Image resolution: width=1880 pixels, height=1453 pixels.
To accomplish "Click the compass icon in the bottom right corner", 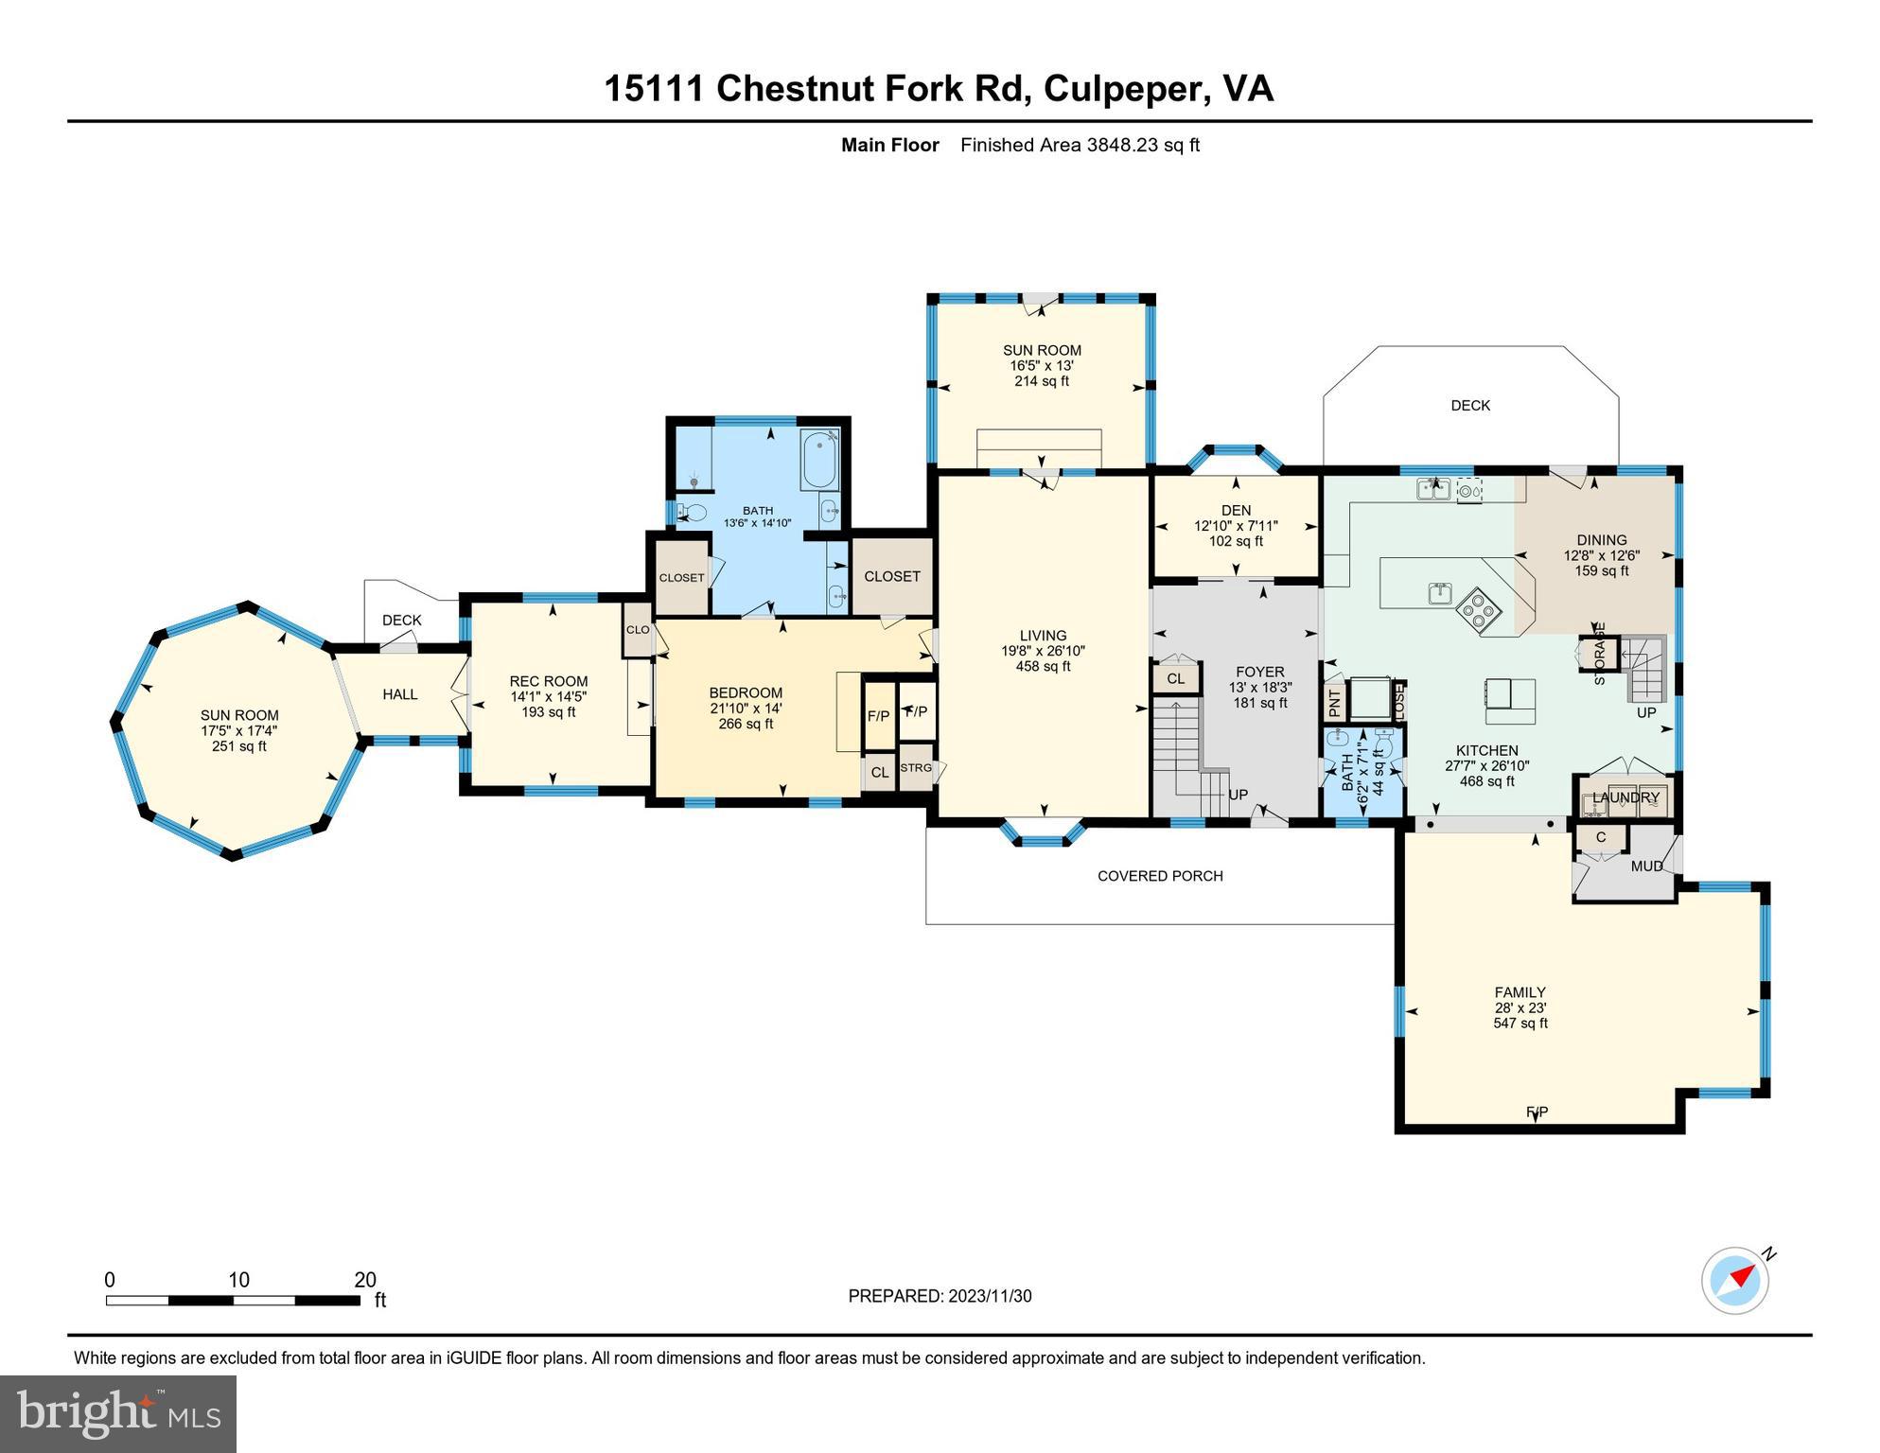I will coord(1734,1281).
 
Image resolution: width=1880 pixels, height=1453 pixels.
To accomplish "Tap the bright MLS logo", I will coord(118,1413).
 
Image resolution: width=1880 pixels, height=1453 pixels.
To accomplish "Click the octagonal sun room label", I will coord(239,715).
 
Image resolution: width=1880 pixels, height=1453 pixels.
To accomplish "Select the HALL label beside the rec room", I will coord(400,694).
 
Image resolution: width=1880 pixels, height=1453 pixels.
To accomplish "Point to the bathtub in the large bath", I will coord(818,461).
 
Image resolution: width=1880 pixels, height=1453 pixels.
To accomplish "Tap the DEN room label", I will coord(1236,510).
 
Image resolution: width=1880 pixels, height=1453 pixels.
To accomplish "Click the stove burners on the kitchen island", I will coord(1478,609).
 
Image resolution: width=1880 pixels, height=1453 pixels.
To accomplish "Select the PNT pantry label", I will coord(1334,703).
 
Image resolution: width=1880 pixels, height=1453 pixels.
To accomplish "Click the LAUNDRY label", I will coord(1625,797).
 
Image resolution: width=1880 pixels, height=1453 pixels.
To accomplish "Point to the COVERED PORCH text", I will coord(1160,876).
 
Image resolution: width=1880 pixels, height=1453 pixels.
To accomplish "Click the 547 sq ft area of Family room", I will coord(1520,1023).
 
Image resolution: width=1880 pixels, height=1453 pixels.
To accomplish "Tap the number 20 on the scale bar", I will coord(365,1280).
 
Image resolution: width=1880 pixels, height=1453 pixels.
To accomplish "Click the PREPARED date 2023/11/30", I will coord(989,1296).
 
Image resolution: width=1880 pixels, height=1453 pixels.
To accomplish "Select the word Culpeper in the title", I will coord(1123,89).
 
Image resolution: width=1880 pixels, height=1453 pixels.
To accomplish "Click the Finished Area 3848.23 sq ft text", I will coord(1080,145).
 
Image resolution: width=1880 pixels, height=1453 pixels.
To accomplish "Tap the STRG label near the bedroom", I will coord(915,768).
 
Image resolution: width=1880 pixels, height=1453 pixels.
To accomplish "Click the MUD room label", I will coord(1646,866).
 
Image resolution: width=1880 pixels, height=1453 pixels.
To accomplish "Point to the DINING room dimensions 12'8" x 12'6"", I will coord(1601,556).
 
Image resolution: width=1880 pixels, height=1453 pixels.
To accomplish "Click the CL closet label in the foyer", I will coord(1175,678).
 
